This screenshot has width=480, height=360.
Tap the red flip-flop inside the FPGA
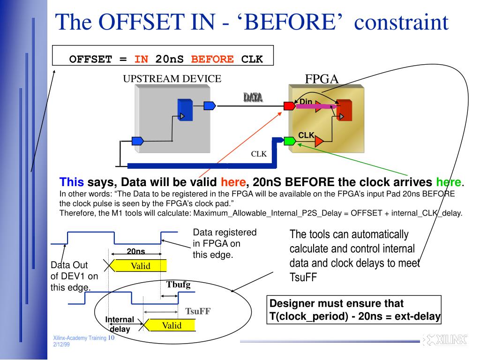pyautogui.click(x=345, y=110)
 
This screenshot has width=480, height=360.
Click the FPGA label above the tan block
pyautogui.click(x=322, y=79)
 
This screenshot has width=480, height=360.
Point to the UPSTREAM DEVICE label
pyautogui.click(x=172, y=79)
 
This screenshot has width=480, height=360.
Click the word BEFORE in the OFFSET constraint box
pyautogui.click(x=212, y=59)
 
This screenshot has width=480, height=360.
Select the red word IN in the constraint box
pyautogui.click(x=141, y=59)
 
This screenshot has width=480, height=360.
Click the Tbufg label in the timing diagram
pyautogui.click(x=178, y=285)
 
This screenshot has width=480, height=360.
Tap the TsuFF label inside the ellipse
pyautogui.click(x=198, y=311)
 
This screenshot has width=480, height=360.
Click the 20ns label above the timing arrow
pyautogui.click(x=136, y=251)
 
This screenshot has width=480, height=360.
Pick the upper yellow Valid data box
pyautogui.click(x=140, y=266)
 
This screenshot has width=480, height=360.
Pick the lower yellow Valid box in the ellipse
pyautogui.click(x=172, y=325)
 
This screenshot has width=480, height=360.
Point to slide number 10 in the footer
pyautogui.click(x=112, y=338)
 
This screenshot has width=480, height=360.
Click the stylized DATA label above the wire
pyautogui.click(x=253, y=97)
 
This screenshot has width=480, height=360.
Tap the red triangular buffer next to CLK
pyautogui.click(x=320, y=141)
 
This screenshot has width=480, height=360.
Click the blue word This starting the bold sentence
pyautogui.click(x=72, y=182)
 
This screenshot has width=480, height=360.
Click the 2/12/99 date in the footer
pyautogui.click(x=61, y=345)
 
